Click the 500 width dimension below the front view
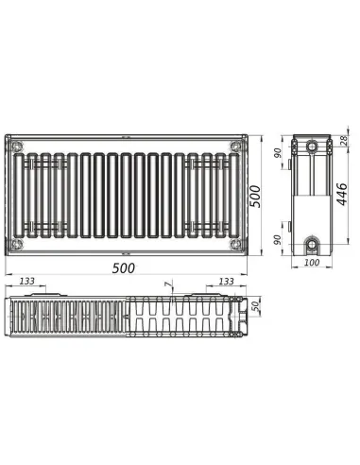click(123, 267)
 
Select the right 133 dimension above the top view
click(227, 282)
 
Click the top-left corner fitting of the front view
click(16, 146)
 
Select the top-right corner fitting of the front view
click(233, 146)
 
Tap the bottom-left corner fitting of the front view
click(16, 244)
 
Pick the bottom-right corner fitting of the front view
click(233, 244)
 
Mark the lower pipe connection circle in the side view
click(313, 242)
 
